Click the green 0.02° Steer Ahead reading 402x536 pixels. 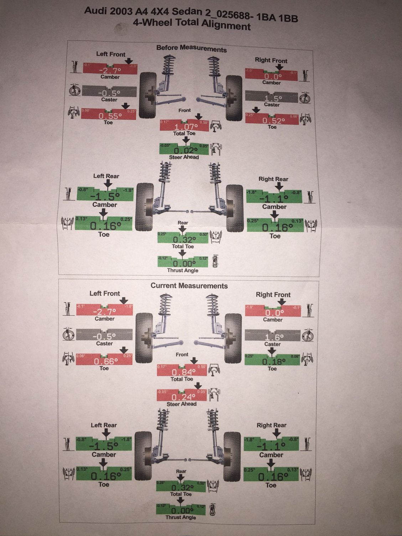[x=184, y=150]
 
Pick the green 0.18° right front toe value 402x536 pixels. [x=272, y=362]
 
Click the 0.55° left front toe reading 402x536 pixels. [x=109, y=116]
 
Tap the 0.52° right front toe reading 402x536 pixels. [x=273, y=120]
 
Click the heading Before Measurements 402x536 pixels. [x=191, y=48]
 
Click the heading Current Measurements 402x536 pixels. [x=189, y=286]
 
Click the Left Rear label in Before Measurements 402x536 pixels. [x=106, y=176]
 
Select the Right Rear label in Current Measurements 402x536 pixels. [x=272, y=425]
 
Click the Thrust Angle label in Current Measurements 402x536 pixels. [x=181, y=517]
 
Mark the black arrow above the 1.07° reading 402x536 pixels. [x=199, y=117]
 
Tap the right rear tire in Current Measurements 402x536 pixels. [x=233, y=457]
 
